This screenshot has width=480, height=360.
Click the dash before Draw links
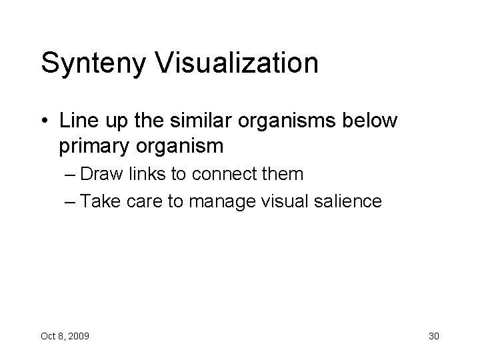[x=83, y=175]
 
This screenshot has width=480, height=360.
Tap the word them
[x=287, y=175]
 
